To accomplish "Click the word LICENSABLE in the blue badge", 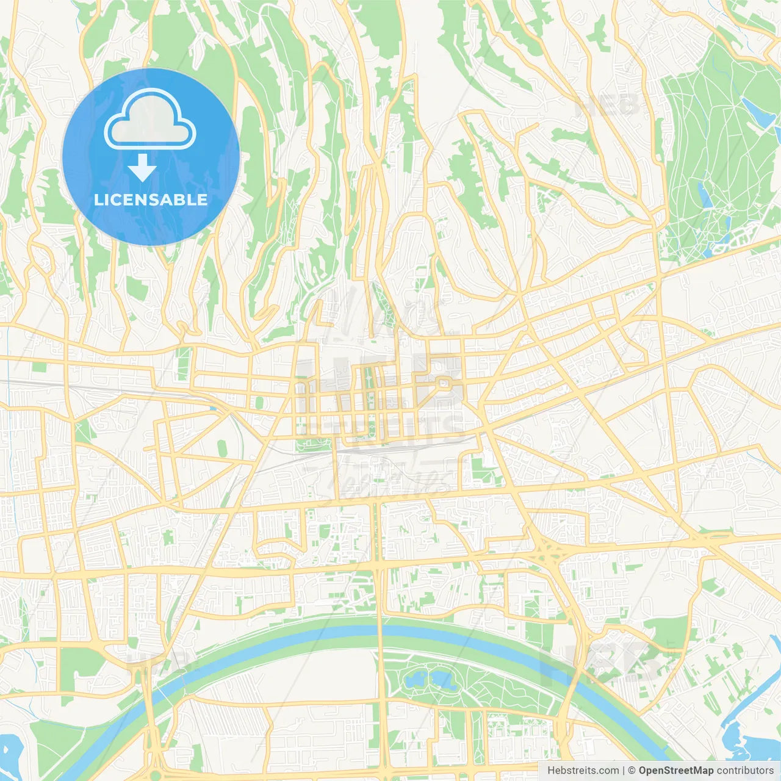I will coord(150,200).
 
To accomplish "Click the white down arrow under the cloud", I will coord(142,168).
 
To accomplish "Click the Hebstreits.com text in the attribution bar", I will coord(583,771).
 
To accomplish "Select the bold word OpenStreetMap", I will coord(676,771).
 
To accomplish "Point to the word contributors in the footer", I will coord(745,771).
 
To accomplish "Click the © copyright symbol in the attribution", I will coord(632,771).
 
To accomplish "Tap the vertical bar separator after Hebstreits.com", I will coord(624,771).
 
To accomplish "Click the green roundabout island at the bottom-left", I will coord(156,766).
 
